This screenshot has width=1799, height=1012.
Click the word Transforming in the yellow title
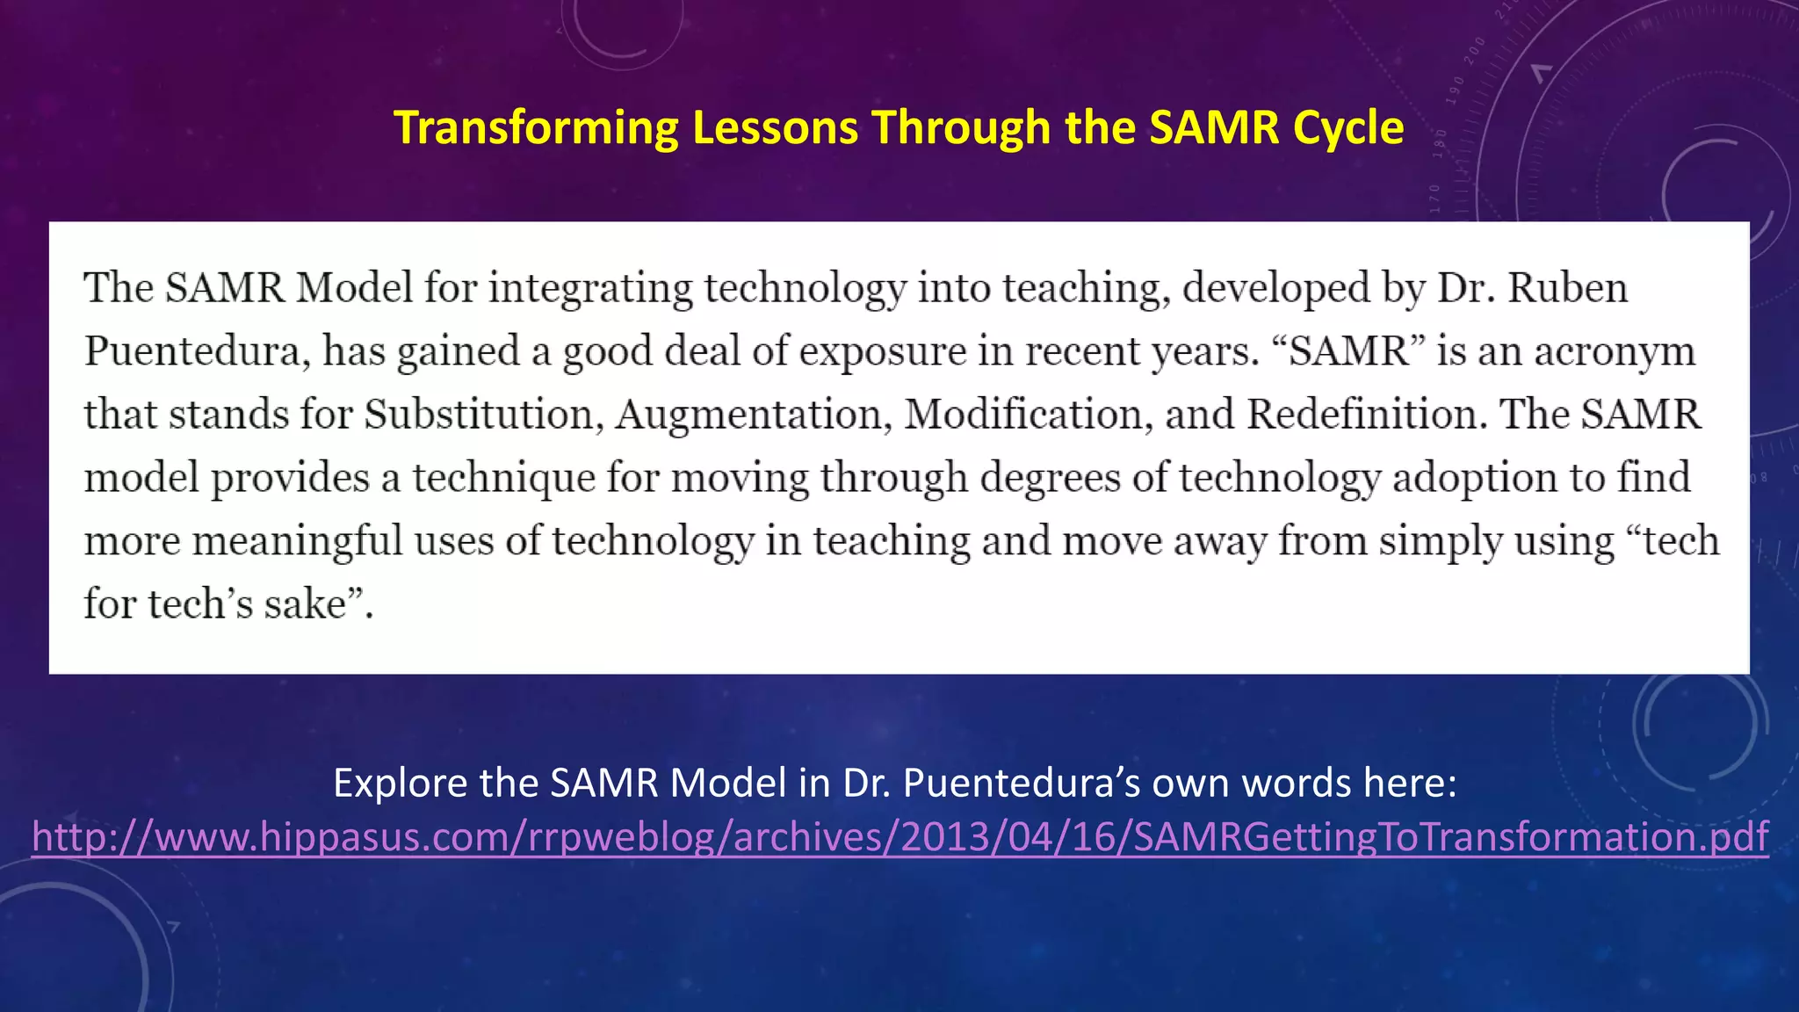[x=536, y=128]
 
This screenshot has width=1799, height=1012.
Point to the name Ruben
[x=1567, y=288]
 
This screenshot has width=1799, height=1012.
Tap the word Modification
[x=1029, y=415]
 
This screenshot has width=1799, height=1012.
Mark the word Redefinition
[x=1367, y=415]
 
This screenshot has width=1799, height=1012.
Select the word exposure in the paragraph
[x=882, y=351]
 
